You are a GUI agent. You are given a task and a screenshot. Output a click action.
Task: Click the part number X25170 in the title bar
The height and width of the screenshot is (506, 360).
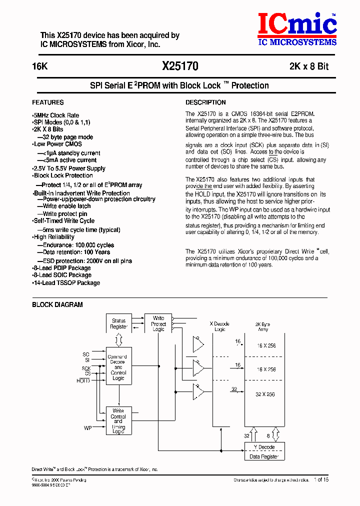pos(180,66)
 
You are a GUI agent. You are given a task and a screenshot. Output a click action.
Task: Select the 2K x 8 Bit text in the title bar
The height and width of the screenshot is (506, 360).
pos(308,66)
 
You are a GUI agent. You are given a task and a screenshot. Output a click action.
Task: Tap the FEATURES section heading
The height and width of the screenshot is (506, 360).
pos(48,102)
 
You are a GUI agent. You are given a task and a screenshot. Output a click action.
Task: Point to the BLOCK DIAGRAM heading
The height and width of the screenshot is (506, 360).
pos(57,304)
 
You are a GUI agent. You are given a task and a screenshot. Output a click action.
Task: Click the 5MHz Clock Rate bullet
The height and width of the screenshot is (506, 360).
pos(56,115)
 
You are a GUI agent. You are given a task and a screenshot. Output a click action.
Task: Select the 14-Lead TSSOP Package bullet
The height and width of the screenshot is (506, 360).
pos(66,283)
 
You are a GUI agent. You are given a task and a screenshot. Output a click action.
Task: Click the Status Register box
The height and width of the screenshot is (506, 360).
pos(118,324)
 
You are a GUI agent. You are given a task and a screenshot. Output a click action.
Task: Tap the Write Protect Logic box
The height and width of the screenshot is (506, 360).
pos(158,323)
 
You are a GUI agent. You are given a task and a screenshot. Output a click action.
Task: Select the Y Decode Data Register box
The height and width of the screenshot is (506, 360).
pos(264,451)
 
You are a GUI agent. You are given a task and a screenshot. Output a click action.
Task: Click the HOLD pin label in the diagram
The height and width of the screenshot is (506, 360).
pos(83,380)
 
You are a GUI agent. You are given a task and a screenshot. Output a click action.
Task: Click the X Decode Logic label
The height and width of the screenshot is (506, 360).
pos(219,326)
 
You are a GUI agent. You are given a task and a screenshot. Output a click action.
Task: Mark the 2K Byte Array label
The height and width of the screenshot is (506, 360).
pos(263,326)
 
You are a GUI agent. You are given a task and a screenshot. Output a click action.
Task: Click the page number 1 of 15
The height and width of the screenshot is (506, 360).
pos(321,480)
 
